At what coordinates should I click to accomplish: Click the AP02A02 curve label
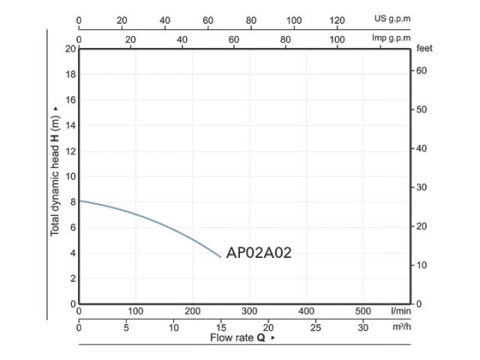coord(258,253)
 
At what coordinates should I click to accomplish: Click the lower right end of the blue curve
coord(221,257)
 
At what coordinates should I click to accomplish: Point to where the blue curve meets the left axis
coord(79,200)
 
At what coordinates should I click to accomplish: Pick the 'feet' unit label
coord(424,48)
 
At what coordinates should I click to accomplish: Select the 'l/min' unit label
coord(400,310)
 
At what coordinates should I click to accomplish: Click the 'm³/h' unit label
coord(400,327)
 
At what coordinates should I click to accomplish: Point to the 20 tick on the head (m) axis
coord(70,49)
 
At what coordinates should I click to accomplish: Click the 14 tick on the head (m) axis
coord(70,125)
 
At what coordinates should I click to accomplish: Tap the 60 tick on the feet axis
coord(421,70)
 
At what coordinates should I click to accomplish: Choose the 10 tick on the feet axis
coord(421,265)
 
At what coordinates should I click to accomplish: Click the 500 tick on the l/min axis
coord(363,310)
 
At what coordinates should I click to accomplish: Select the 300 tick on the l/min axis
coord(249,310)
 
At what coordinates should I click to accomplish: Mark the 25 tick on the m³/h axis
coord(316,327)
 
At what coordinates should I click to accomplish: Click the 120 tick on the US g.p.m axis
coord(337,20)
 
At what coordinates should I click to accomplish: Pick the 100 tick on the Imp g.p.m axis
coord(337,37)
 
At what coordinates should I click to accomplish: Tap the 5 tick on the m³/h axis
coord(127,327)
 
